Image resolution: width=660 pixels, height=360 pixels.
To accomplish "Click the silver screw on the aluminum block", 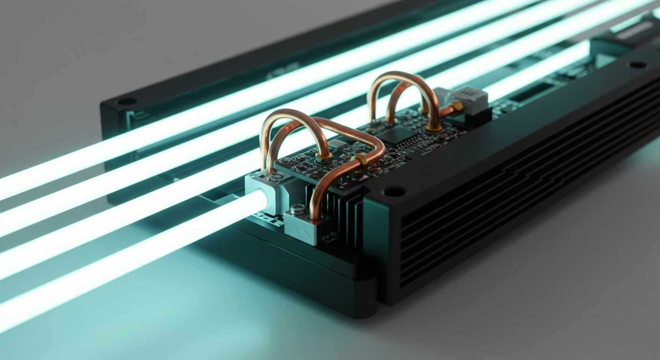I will click(298, 209).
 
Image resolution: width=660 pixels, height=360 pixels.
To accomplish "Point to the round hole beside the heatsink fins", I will click(394, 191).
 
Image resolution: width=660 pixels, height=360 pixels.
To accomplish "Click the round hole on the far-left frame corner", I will click(127, 101).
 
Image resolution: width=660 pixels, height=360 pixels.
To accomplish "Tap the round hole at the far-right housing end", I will click(637, 65).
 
